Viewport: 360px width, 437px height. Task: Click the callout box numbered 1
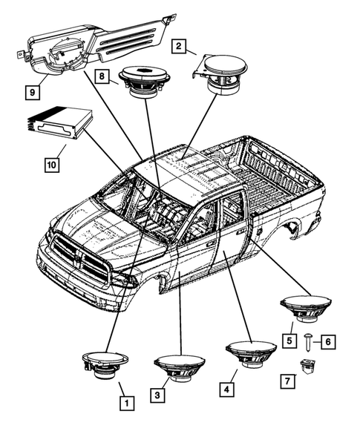coord(127,404)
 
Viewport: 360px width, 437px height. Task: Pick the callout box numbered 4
coord(226,387)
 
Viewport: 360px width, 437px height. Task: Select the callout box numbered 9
coord(31,92)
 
